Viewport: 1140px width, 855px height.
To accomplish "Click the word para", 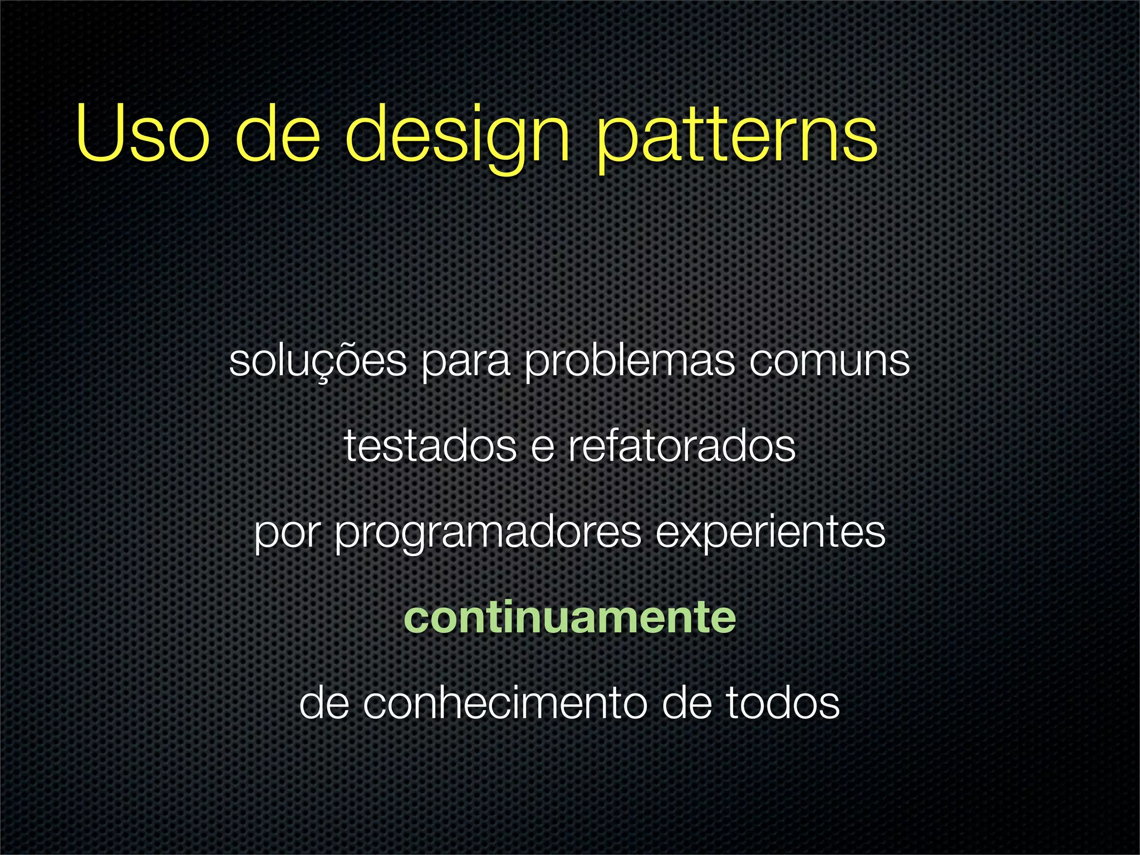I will click(465, 365).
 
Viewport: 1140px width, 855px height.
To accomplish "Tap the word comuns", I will click(829, 362).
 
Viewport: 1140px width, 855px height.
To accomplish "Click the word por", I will click(287, 535).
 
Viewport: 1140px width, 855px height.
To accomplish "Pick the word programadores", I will click(488, 535).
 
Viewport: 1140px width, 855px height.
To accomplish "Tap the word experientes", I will click(770, 535).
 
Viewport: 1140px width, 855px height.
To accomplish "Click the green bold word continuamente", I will click(569, 617).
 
